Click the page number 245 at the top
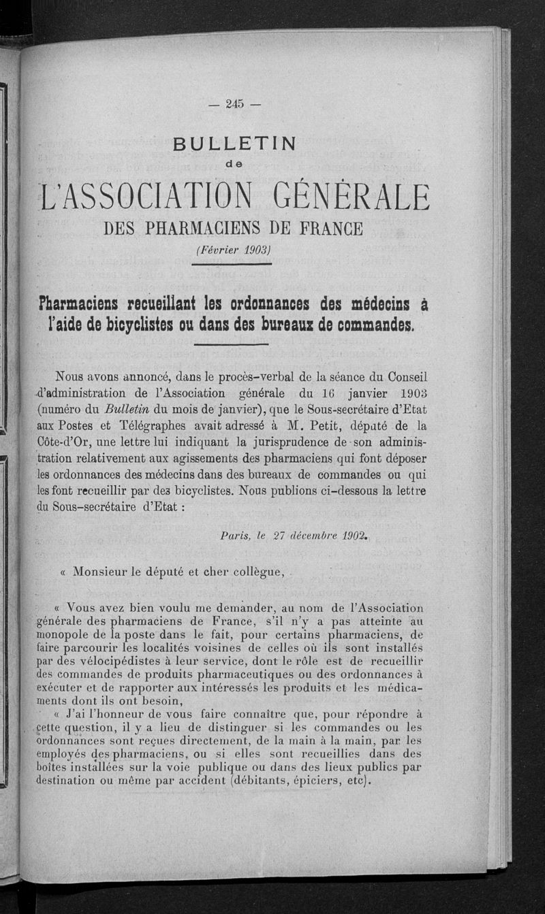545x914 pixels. [236, 104]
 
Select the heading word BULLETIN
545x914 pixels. [235, 144]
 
